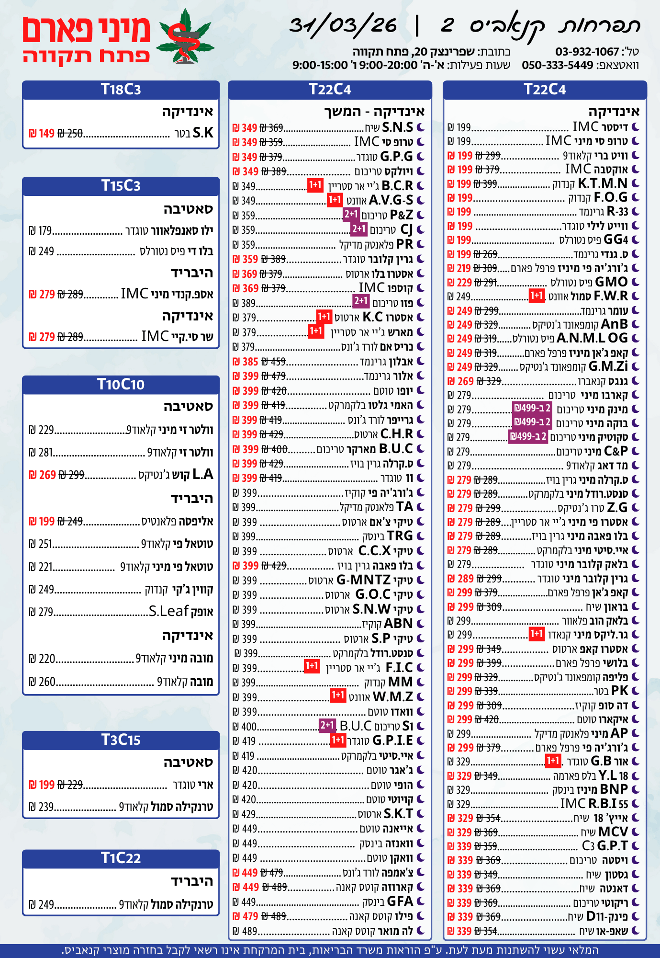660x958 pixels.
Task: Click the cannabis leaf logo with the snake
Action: click(x=186, y=37)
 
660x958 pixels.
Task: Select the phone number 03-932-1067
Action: click(x=587, y=52)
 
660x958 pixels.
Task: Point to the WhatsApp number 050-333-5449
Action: click(x=558, y=65)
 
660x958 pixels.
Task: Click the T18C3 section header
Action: click(x=121, y=90)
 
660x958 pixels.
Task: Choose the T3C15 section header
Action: click(x=121, y=740)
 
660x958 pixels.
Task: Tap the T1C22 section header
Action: click(x=121, y=858)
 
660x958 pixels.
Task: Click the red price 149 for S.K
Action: click(x=46, y=134)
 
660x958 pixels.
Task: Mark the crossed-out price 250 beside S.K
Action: click(x=70, y=134)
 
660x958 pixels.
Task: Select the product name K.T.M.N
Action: click(x=603, y=183)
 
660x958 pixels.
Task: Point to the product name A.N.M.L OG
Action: click(x=592, y=338)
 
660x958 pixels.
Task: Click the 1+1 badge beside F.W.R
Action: click(x=537, y=296)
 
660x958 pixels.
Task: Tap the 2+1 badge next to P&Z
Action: click(x=351, y=214)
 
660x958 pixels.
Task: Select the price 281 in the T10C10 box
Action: click(x=45, y=453)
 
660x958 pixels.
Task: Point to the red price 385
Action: click(x=250, y=362)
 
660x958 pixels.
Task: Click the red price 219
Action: click(x=464, y=268)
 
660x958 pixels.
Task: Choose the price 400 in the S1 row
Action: click(x=249, y=727)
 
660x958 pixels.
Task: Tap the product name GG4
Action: click(x=615, y=239)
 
